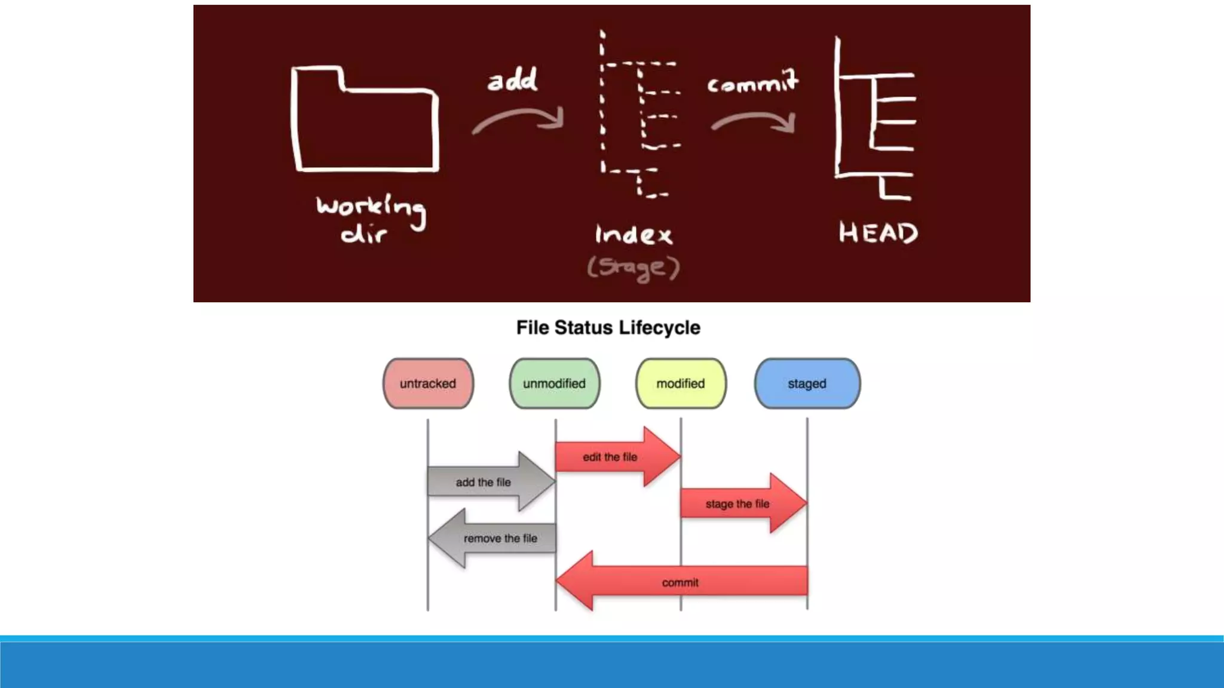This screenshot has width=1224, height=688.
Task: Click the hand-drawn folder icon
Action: click(x=365, y=119)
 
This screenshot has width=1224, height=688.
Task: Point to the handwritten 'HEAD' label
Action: click(x=878, y=232)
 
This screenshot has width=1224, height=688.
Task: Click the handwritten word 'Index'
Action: click(x=634, y=234)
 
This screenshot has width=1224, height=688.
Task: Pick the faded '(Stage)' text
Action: click(x=634, y=268)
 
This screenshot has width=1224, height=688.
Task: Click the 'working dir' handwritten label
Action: click(x=371, y=218)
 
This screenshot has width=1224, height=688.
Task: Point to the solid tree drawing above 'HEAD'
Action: click(x=874, y=119)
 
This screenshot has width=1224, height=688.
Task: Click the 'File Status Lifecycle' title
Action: click(x=608, y=328)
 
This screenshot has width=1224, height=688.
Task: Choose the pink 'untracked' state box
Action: click(x=428, y=383)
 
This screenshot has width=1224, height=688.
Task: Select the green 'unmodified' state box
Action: click(x=554, y=383)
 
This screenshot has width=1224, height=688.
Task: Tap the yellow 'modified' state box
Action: click(x=681, y=383)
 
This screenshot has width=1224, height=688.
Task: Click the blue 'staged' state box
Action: click(x=807, y=383)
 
